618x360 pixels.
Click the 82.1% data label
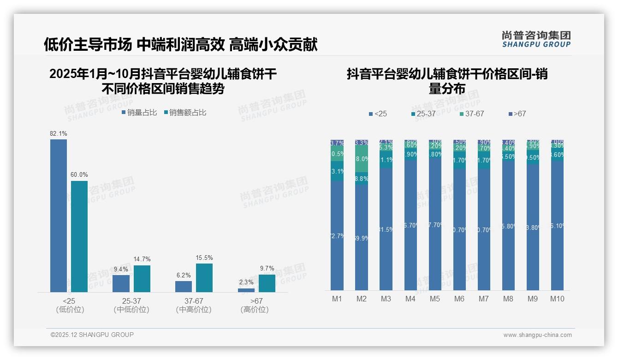(59, 134)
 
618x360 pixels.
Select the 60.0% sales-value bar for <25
(79, 236)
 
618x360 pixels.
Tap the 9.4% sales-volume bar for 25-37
(121, 283)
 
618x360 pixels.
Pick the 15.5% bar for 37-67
(204, 277)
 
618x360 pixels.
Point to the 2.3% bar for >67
(246, 290)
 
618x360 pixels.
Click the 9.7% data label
(267, 268)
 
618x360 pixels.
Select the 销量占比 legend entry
(139, 113)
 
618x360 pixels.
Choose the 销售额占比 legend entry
(185, 113)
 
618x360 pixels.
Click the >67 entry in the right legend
(517, 114)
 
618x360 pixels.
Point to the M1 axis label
(337, 299)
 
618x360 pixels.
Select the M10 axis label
(557, 299)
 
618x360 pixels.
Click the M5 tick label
(435, 299)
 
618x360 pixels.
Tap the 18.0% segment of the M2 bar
(362, 159)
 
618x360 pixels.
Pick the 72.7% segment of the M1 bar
(337, 235)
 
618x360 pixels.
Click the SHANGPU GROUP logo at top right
(536, 39)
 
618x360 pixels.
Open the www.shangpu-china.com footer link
(537, 335)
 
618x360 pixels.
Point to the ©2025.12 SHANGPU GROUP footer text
(92, 335)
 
